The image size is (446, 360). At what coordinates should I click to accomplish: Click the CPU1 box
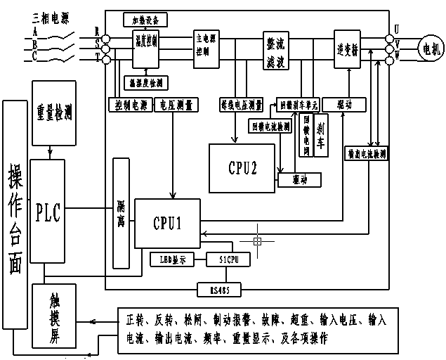click(x=167, y=223)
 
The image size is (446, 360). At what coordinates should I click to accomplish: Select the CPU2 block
click(x=242, y=167)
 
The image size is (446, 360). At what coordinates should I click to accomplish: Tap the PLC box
click(x=48, y=210)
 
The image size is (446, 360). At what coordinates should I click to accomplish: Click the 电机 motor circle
click(x=428, y=49)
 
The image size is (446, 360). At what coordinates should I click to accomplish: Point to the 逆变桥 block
click(x=347, y=49)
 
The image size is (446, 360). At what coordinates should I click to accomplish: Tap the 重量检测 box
click(x=54, y=112)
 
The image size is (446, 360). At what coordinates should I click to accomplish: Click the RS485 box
click(x=209, y=288)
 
